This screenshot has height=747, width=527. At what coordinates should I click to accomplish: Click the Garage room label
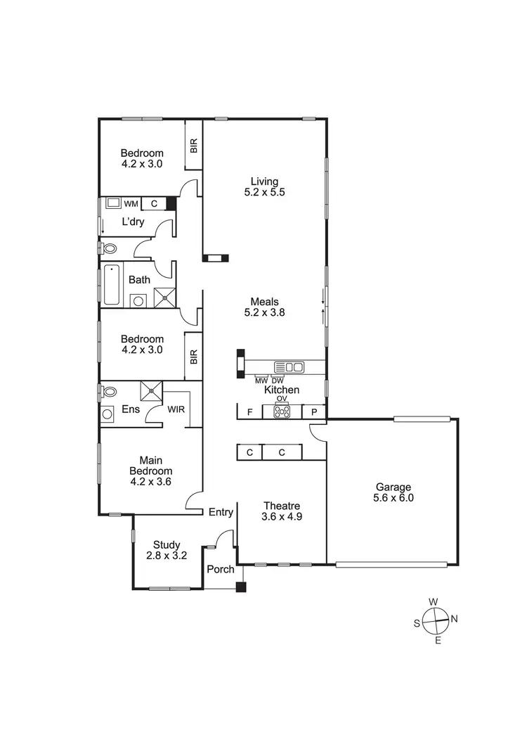tap(393, 486)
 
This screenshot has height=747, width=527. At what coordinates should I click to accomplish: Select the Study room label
tap(167, 544)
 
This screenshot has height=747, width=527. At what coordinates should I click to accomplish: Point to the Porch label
tap(221, 569)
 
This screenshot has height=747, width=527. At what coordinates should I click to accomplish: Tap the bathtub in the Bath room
tap(112, 285)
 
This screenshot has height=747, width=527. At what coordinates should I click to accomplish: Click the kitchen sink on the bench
tap(289, 366)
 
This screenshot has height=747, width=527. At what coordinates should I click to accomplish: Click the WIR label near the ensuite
tap(176, 409)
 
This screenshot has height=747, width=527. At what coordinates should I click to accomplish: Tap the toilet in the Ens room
tap(109, 391)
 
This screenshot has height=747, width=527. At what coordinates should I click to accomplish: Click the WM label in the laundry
tap(131, 204)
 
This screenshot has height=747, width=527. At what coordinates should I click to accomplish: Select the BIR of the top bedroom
tap(194, 146)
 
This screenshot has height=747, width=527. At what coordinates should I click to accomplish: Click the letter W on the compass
tap(434, 601)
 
